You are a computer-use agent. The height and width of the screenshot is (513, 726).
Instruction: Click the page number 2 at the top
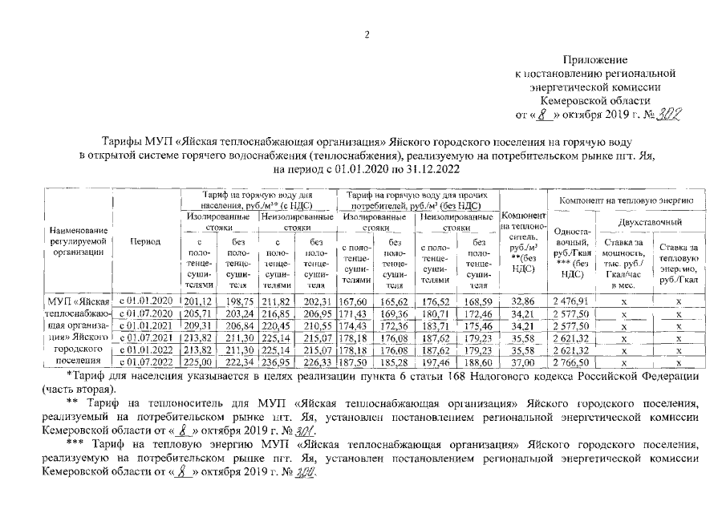[366, 34]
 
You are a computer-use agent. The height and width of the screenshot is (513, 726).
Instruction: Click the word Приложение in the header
[596, 60]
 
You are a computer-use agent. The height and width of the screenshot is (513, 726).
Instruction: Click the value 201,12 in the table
[197, 300]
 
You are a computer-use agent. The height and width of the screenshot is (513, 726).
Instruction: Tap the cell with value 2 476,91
[571, 300]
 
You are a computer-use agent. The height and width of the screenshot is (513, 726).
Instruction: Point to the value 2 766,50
[571, 364]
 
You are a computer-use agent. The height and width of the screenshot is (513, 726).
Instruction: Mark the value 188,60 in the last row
[477, 364]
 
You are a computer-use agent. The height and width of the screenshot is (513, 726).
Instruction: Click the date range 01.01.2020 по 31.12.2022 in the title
[388, 170]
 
